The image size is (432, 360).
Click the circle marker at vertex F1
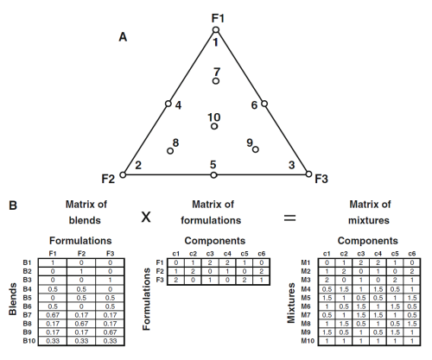[x=216, y=30]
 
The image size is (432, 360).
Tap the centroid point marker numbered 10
[x=214, y=126]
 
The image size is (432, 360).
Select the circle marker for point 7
[x=216, y=81]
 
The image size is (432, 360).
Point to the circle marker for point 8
[x=170, y=151]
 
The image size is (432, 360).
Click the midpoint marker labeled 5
[x=213, y=175]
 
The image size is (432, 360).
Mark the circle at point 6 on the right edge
[x=264, y=104]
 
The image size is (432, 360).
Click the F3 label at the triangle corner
[x=321, y=179]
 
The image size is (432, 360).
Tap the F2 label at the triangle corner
[x=108, y=179]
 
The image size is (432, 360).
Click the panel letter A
[x=123, y=37]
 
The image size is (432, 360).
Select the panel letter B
[x=13, y=205]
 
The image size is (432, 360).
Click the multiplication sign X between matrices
[x=146, y=217]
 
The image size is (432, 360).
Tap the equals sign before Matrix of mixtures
[x=289, y=218]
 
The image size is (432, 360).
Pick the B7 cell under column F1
[x=53, y=315]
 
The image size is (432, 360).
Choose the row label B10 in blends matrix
[x=29, y=341]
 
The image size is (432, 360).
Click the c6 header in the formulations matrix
[x=261, y=254]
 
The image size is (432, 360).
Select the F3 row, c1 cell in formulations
[x=175, y=281]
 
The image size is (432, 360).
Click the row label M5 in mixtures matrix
[x=306, y=298]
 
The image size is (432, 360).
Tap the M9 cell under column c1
[x=327, y=332]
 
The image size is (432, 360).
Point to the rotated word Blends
[x=12, y=299]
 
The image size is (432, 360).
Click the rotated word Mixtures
[x=291, y=303]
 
